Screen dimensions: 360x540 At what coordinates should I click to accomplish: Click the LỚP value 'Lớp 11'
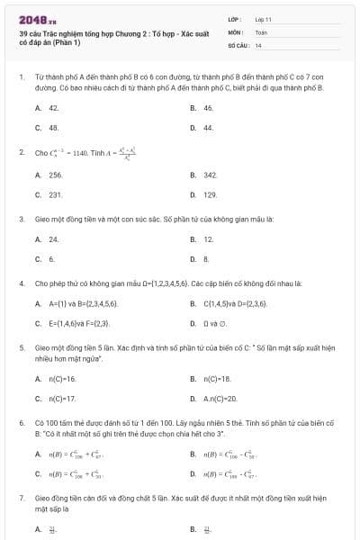click(x=263, y=18)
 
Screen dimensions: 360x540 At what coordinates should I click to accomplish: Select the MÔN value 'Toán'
click(x=261, y=31)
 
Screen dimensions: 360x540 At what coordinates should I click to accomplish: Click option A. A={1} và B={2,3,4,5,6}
click(x=76, y=305)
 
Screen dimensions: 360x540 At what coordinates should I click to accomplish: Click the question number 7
click(x=21, y=496)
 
